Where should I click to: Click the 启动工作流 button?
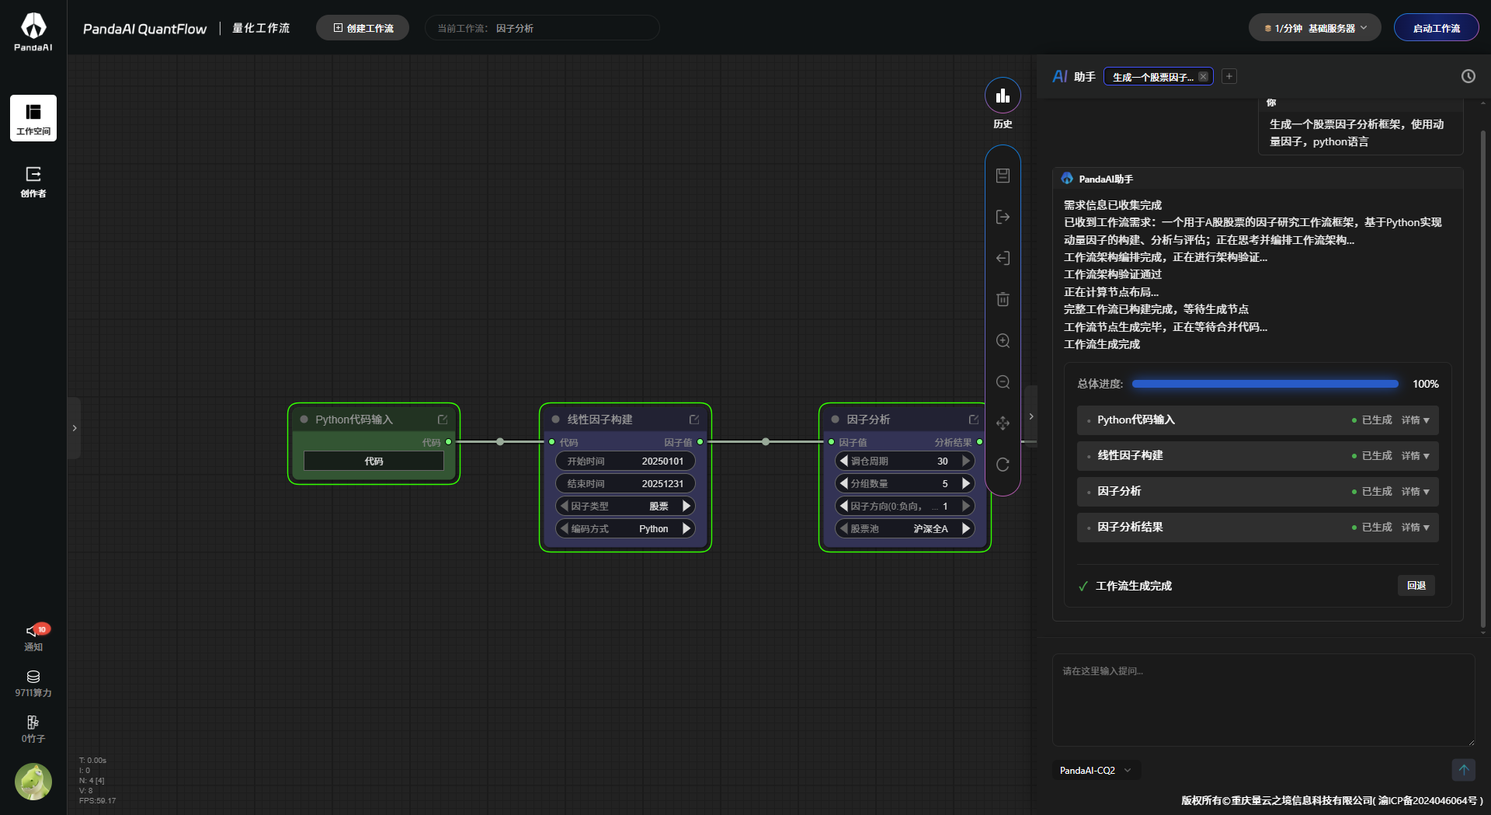(x=1436, y=28)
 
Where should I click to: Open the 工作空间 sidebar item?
(x=33, y=118)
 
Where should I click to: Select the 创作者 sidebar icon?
(x=33, y=181)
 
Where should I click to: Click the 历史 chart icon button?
(x=1003, y=96)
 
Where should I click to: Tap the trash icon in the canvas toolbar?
(x=1003, y=299)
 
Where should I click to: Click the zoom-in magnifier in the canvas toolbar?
(x=1003, y=340)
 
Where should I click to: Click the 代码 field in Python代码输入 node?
(x=374, y=461)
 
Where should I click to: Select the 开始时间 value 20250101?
(x=662, y=461)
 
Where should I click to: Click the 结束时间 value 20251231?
(x=662, y=483)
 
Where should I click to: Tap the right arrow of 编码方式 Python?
(x=686, y=528)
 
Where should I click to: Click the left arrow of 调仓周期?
(x=844, y=461)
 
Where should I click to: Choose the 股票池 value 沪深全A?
(x=930, y=528)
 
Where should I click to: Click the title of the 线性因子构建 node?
(x=600, y=420)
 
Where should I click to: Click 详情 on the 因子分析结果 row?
(x=1415, y=527)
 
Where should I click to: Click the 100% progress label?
(x=1425, y=384)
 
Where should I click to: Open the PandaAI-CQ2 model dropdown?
(x=1096, y=770)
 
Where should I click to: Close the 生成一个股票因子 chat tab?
(x=1203, y=76)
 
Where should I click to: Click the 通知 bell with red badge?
(x=34, y=631)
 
